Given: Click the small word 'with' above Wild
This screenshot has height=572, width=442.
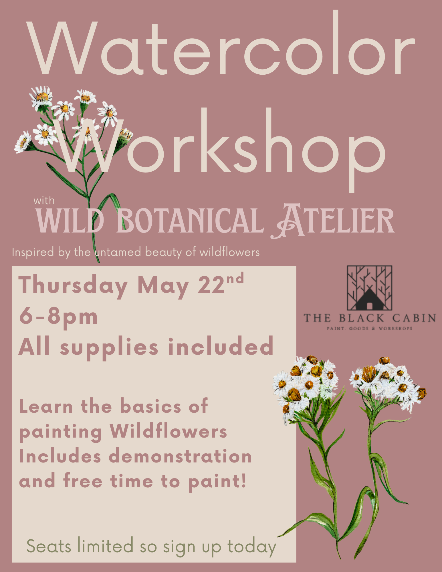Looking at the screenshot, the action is click(x=44, y=200).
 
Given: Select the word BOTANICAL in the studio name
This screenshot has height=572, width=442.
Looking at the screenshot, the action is click(x=190, y=220).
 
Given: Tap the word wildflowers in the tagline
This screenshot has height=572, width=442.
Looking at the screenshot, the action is click(x=229, y=252).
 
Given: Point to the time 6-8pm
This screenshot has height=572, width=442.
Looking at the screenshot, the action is click(x=58, y=317).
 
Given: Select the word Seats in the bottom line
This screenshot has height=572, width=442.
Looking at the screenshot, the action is click(x=49, y=546).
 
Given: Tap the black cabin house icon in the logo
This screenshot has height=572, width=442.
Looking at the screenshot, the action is click(x=369, y=299).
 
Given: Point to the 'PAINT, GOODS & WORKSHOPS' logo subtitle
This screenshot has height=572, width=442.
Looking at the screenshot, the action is click(x=369, y=329).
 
